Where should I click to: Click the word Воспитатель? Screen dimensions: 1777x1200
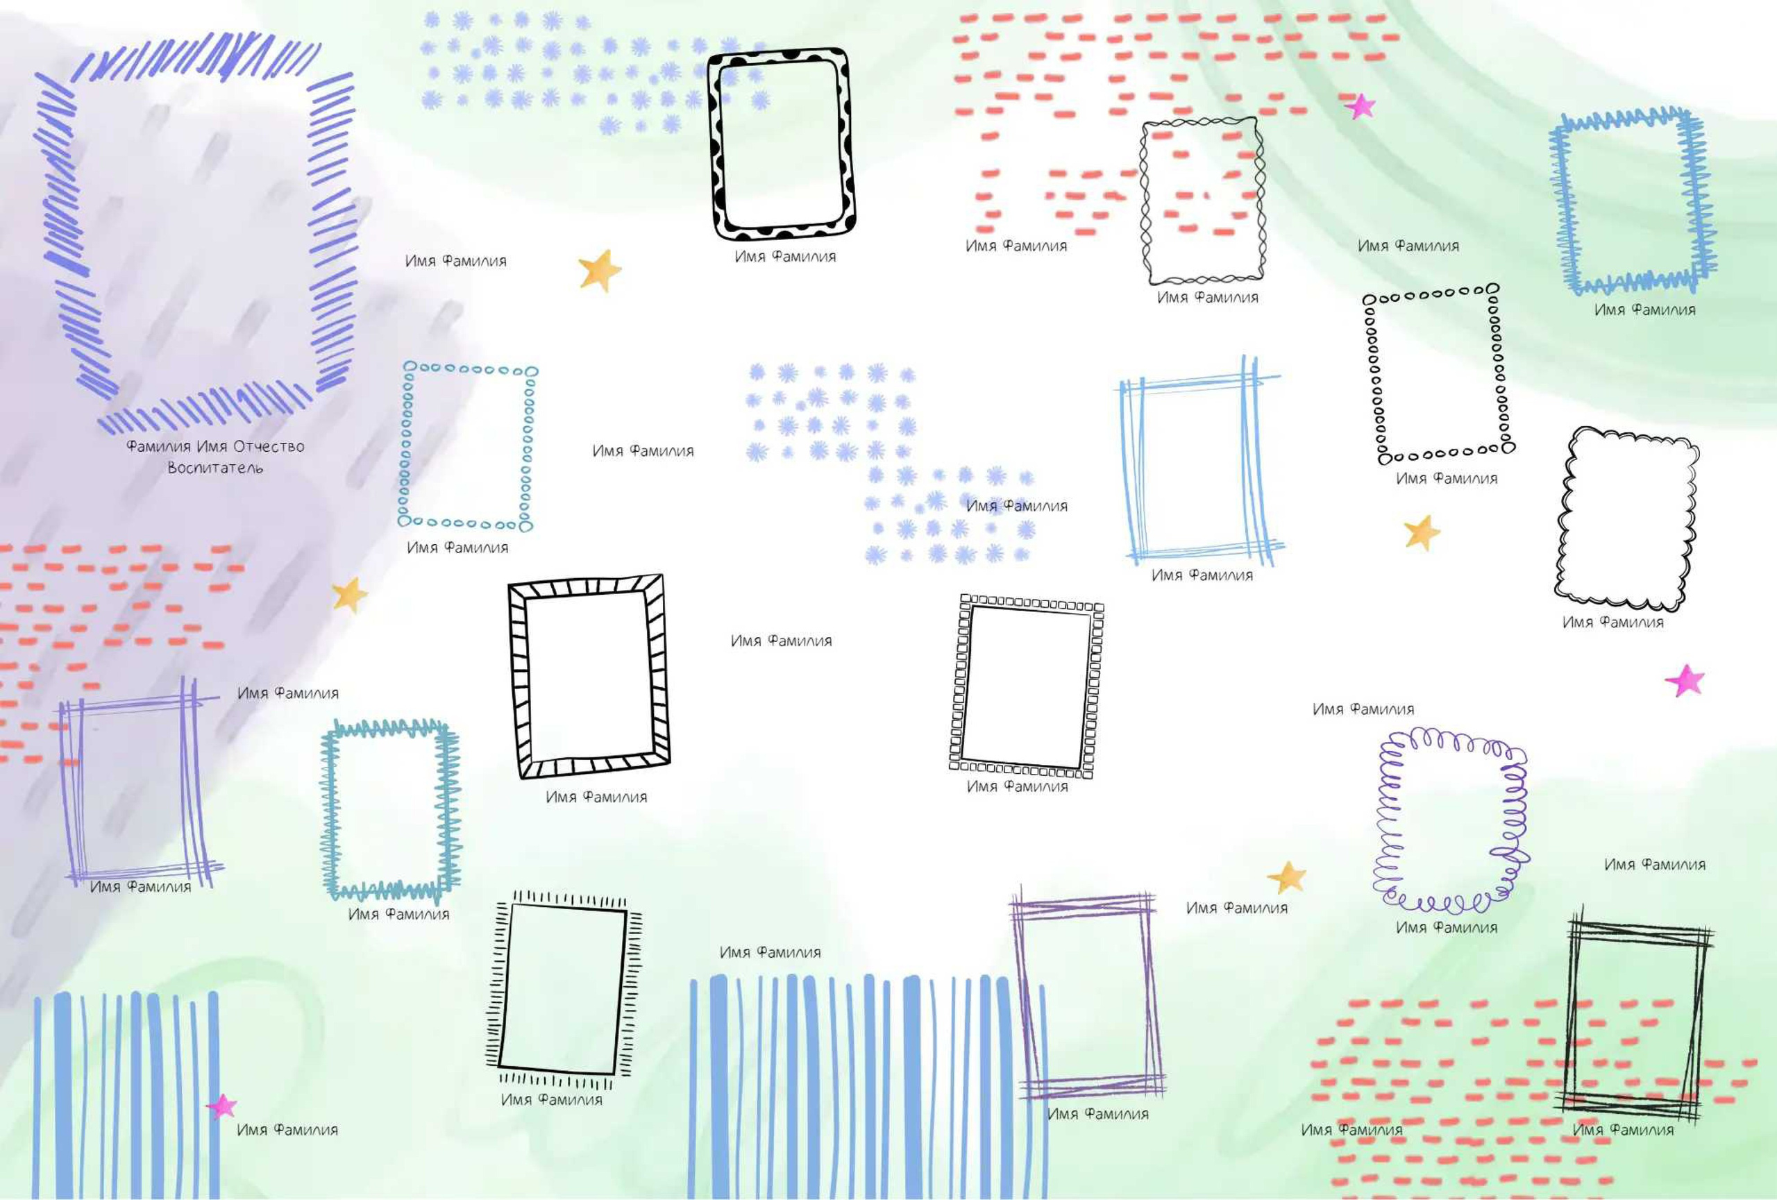pyautogui.click(x=215, y=468)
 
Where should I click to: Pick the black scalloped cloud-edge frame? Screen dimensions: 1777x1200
pyautogui.click(x=1564, y=520)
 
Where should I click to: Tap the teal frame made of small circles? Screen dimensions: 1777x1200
pyautogui.click(x=406, y=447)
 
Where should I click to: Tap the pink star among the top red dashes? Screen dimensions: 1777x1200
pyautogui.click(x=1360, y=106)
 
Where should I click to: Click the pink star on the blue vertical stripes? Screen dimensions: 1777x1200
pyautogui.click(x=221, y=1106)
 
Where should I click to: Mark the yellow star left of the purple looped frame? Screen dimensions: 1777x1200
pyautogui.click(x=1287, y=877)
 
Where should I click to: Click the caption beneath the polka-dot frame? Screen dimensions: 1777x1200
pyautogui.click(x=785, y=257)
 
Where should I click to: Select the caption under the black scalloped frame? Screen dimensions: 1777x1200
pyautogui.click(x=1612, y=622)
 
